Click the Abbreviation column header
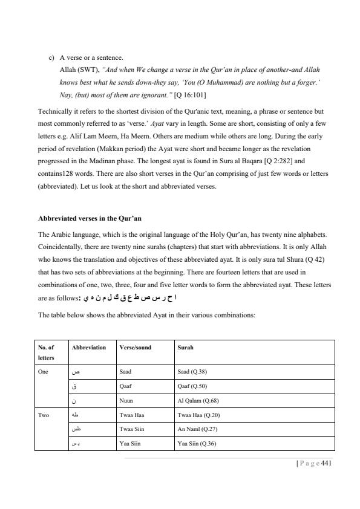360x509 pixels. (x=88, y=348)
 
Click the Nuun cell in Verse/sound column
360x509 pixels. (x=126, y=400)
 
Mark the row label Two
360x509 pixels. (x=43, y=415)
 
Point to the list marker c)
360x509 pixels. (x=52, y=58)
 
